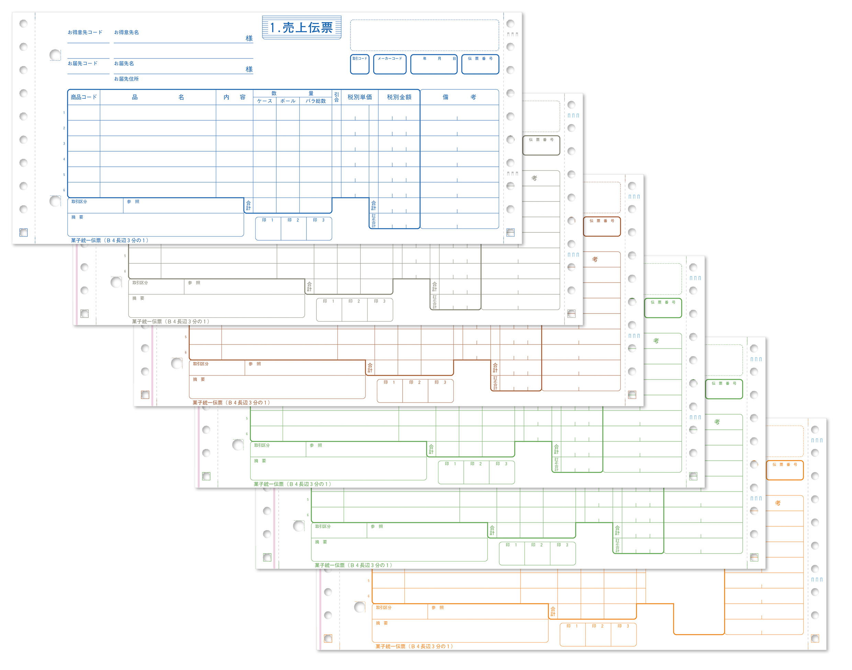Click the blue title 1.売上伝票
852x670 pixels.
pyautogui.click(x=301, y=28)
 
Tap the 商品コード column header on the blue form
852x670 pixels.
pyautogui.click(x=83, y=97)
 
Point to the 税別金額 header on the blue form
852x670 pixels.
pyautogui.click(x=399, y=97)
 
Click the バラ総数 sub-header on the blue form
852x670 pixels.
pyautogui.click(x=315, y=101)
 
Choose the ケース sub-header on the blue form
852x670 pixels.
pyautogui.click(x=264, y=101)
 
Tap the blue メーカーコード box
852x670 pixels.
pyautogui.click(x=389, y=64)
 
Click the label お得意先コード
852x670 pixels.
pyautogui.click(x=85, y=32)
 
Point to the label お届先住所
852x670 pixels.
pyautogui.click(x=126, y=79)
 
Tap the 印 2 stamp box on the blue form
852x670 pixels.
pyautogui.click(x=293, y=228)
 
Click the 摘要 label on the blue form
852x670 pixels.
pyautogui.click(x=77, y=217)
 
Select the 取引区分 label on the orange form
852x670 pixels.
pyautogui.click(x=383, y=607)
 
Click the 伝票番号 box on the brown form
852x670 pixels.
pyautogui.click(x=602, y=227)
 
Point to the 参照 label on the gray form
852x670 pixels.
pyautogui.click(x=194, y=283)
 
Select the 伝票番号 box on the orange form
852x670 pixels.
pyautogui.click(x=784, y=470)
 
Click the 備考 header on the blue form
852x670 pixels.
pyautogui.click(x=459, y=97)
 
